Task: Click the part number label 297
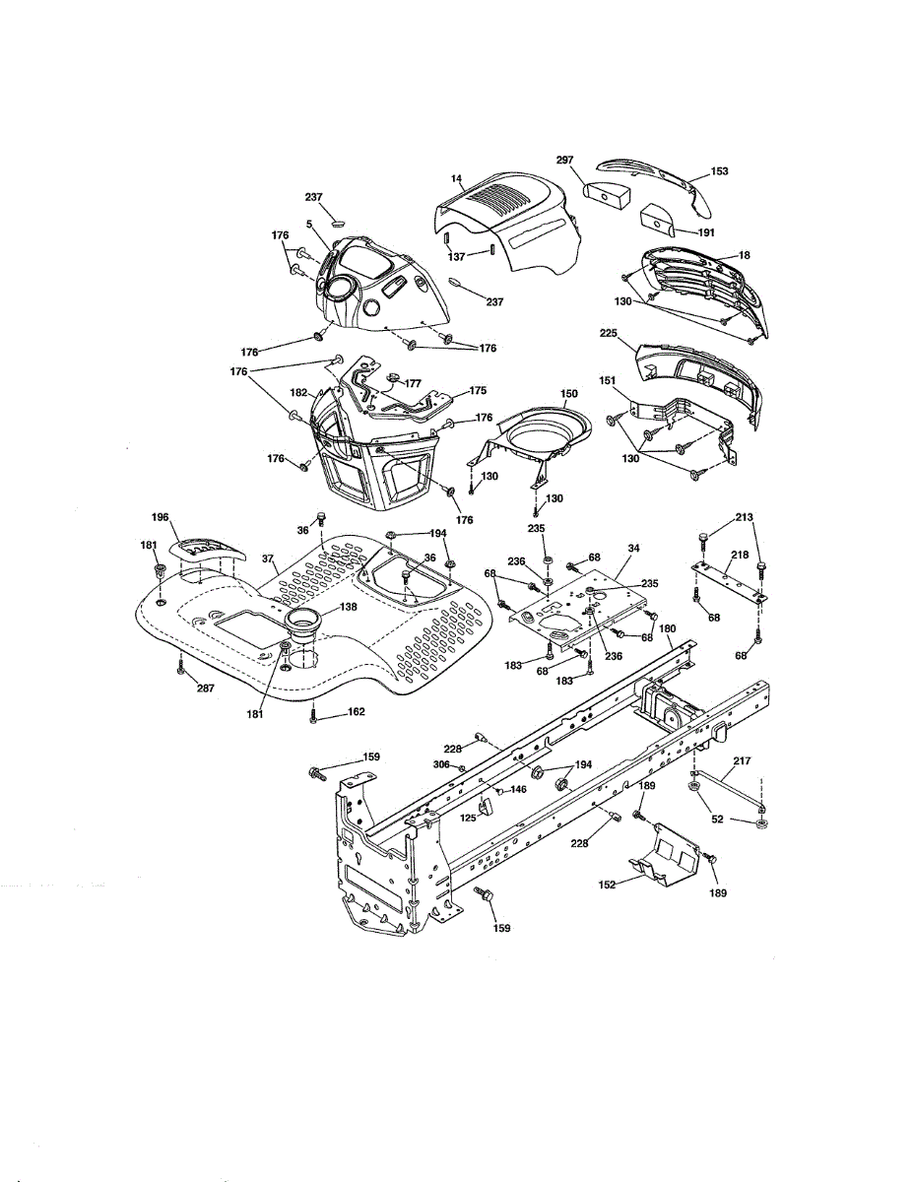point(564,160)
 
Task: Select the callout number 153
point(719,171)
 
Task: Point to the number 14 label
point(457,180)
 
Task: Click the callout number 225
point(608,334)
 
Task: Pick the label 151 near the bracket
point(608,381)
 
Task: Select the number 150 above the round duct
point(569,394)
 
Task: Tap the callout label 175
point(478,391)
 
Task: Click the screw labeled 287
point(181,670)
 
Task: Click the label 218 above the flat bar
point(739,557)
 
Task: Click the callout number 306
point(442,765)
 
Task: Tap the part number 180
point(667,628)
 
